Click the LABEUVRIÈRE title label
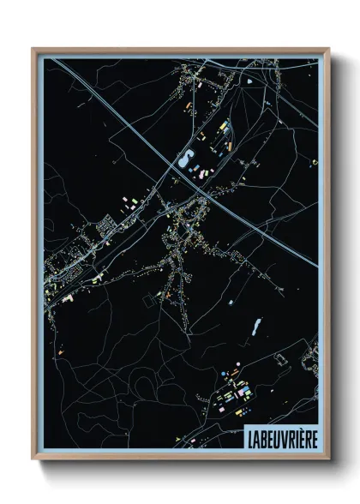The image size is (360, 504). pos(279,435)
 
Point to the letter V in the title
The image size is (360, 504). pos(279,435)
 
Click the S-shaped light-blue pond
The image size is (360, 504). pos(184,159)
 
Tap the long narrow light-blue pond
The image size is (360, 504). pos(255,326)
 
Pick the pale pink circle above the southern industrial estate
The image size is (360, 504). pos(234,373)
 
